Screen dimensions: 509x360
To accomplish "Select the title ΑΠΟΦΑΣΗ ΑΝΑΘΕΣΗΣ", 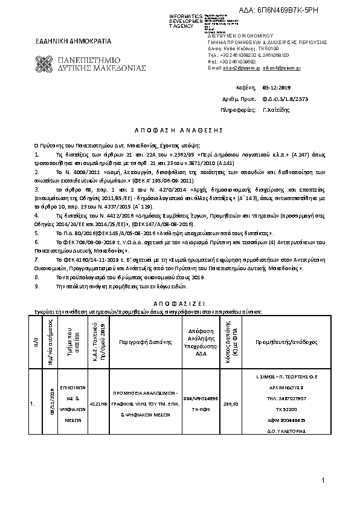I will [179, 130].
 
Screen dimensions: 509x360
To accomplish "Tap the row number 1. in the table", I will [33, 402].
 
